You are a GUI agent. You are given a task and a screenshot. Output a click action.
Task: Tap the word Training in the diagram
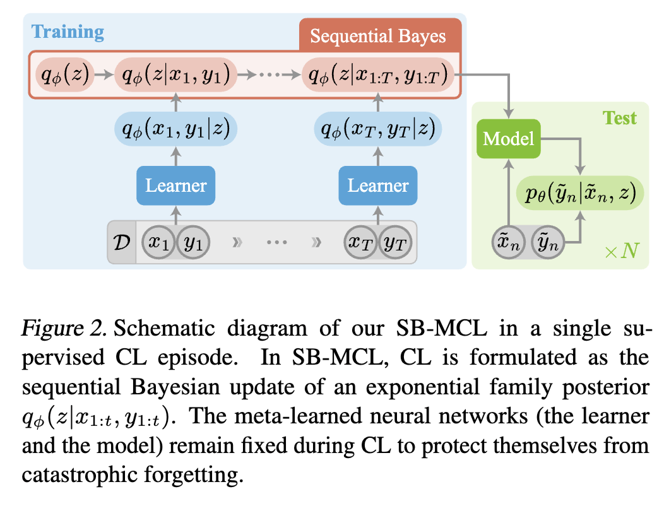pos(68,32)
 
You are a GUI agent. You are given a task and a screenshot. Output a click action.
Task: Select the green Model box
pos(509,138)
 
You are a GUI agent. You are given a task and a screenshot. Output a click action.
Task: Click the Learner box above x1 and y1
pos(176,185)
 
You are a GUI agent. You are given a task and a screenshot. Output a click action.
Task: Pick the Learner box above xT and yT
pos(377,185)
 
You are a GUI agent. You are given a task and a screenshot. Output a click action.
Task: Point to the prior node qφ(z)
pos(62,75)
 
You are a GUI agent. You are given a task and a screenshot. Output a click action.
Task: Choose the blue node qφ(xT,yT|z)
pos(378,131)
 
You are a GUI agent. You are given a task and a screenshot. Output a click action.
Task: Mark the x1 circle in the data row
pos(161,242)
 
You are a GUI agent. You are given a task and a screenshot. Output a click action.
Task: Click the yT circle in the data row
pos(395,242)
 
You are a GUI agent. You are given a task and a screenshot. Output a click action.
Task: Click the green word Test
pos(619,118)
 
